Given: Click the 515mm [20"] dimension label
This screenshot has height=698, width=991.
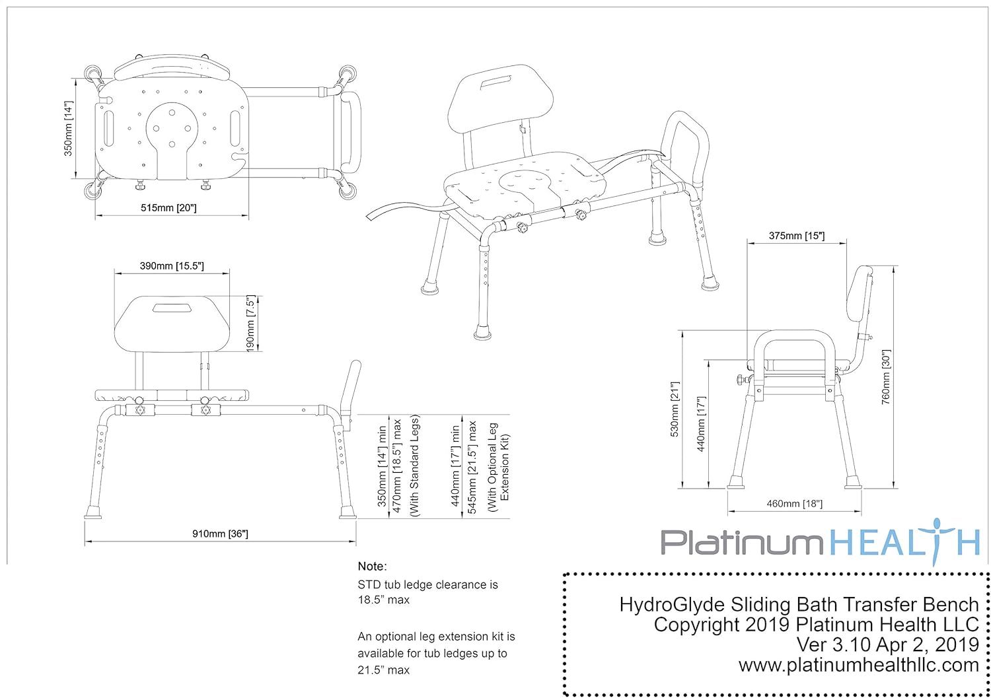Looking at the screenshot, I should pos(169,208).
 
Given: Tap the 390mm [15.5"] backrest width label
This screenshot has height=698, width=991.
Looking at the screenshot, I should pos(171,265).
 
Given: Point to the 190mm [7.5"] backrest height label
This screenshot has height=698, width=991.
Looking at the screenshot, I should pos(250,323).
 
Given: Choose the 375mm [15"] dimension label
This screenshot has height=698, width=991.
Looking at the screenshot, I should pos(796,235).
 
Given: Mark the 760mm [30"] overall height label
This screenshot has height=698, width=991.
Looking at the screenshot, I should pos(885,376).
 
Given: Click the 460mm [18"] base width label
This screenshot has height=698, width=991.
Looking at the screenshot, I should pos(794,504).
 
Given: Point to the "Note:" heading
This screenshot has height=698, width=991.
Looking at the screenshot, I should pos(372,566).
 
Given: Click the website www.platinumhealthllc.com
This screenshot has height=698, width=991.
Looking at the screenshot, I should pos(858,665).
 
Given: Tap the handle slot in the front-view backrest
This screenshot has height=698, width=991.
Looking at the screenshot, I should pos(170,308).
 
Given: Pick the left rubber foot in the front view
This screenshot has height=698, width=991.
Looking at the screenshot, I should pos(93,512).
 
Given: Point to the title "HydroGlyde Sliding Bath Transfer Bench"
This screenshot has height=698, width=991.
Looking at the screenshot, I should pos(799,604).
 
